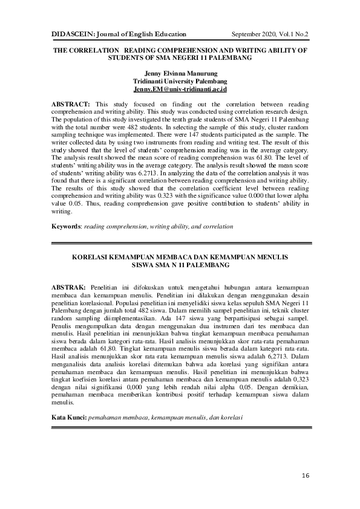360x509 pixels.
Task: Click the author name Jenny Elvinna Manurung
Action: pos(180,73)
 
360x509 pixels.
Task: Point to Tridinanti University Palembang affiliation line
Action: pos(180,81)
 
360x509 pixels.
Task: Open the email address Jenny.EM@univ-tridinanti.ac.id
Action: pos(180,89)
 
